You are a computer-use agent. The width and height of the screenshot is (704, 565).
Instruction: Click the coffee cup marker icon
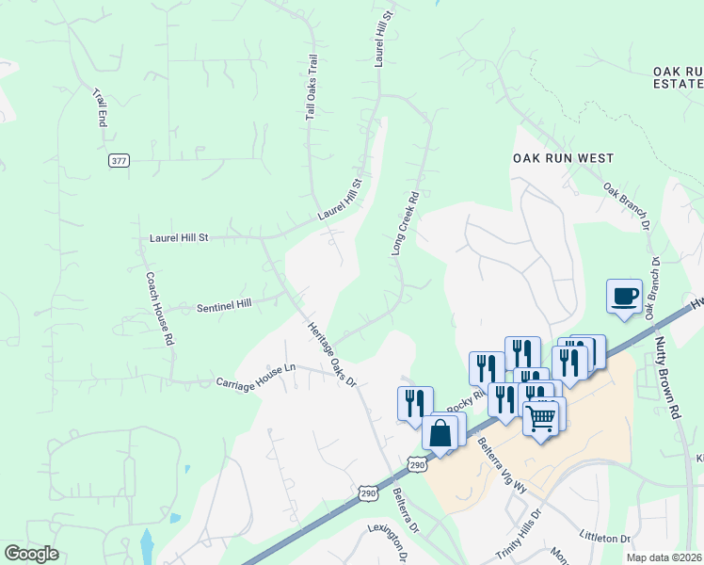(624, 297)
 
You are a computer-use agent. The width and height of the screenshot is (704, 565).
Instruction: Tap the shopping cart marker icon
(541, 417)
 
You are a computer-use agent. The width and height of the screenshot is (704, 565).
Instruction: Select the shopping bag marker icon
(440, 434)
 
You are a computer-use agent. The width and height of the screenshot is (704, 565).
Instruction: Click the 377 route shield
(118, 161)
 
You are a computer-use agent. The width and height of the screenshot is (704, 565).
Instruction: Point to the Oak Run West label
(563, 159)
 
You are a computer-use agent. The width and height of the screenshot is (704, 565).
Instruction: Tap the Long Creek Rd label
(405, 224)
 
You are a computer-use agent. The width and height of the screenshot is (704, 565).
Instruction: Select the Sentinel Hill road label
(224, 306)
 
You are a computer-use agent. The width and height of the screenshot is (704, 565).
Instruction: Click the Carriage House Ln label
(256, 376)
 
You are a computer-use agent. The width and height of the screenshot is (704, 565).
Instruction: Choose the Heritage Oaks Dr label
(332, 354)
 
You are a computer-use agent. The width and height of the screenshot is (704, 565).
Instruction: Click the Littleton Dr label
(605, 538)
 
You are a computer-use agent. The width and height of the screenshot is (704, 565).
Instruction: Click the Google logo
(31, 554)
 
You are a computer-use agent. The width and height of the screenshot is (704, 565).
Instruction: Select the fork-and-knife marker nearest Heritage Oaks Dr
(415, 404)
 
